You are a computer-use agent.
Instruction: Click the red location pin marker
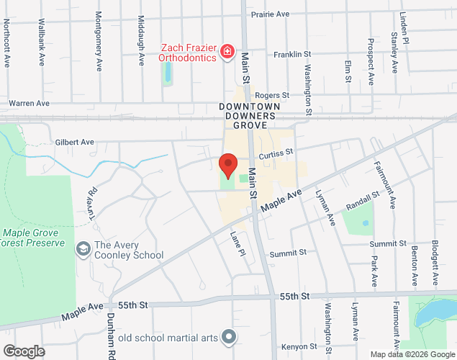[228, 165]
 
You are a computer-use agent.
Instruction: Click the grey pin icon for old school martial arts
[230, 336]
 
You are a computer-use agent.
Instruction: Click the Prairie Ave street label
[269, 14]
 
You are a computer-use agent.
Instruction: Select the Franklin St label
[291, 54]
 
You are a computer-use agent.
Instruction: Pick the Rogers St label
[271, 95]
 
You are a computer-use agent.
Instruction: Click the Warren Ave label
[29, 103]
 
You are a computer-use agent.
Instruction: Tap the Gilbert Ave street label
[74, 143]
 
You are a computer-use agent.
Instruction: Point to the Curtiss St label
[276, 153]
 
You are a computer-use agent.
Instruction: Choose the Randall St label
[362, 200]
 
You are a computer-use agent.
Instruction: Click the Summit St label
[288, 253]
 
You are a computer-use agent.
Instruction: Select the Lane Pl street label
[237, 242]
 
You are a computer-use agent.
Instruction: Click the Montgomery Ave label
[99, 41]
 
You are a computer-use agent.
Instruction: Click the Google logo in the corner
[23, 351]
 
